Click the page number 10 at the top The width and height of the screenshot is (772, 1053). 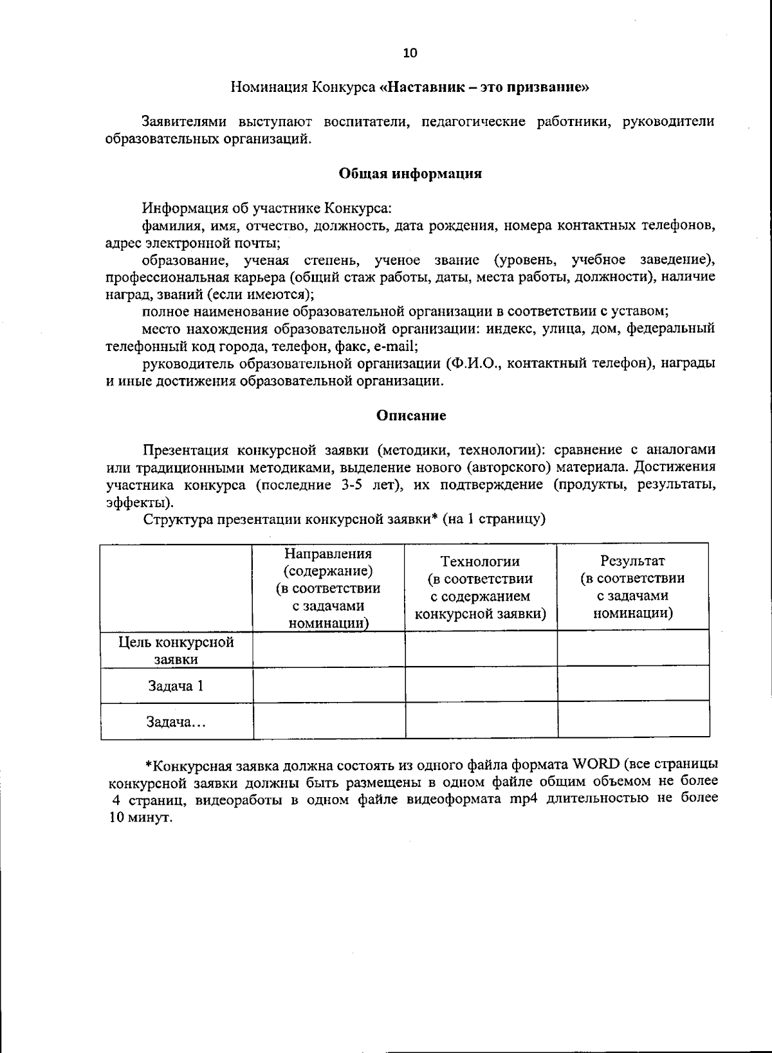410,53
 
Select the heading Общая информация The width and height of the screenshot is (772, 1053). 410,174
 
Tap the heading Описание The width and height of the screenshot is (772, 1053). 410,415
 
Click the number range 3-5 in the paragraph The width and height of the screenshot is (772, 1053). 354,485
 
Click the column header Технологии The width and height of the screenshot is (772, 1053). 480,562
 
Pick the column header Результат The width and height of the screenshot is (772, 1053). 632,561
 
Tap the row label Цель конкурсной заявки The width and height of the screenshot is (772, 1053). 176,651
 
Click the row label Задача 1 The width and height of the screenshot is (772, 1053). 176,686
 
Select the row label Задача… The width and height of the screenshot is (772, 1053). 176,723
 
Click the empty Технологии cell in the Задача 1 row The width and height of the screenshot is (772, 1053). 481,685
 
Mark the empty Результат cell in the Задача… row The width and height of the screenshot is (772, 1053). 634,721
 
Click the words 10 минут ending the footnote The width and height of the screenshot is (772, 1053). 140,818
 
